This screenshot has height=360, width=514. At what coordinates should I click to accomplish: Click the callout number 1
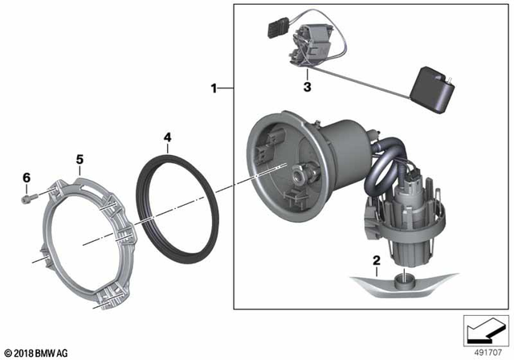[214, 88]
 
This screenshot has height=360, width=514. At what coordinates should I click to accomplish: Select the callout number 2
[375, 260]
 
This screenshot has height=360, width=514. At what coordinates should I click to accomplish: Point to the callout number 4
[167, 138]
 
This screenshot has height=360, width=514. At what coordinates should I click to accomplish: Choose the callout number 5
[80, 159]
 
